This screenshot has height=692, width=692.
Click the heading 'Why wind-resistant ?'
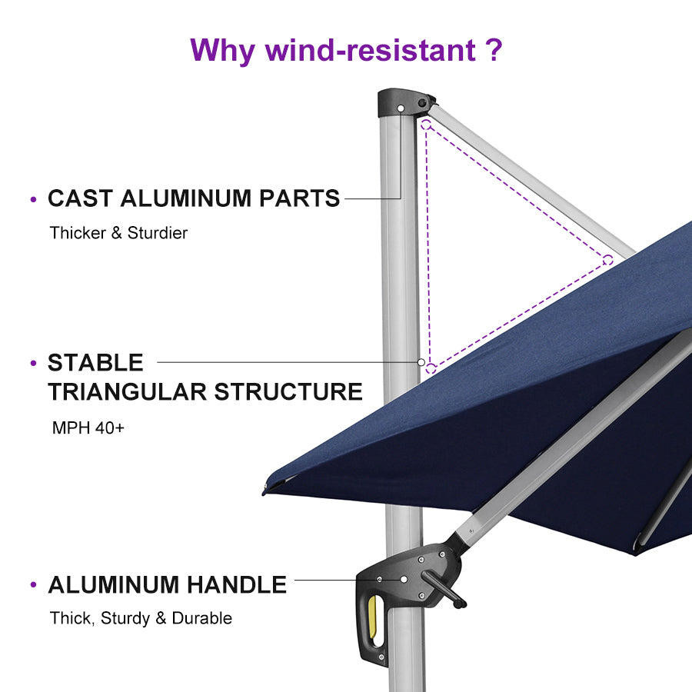coord(346,51)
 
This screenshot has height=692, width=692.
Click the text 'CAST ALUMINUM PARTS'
coord(194,198)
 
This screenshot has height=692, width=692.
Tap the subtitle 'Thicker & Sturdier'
coord(118,233)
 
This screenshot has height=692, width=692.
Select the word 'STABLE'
coord(95,362)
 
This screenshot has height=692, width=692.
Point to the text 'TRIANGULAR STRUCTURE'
coord(205,391)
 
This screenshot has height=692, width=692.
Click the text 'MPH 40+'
coord(88,428)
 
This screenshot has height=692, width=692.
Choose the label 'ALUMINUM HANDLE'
coord(167,585)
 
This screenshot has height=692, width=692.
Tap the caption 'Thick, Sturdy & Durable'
coord(141,618)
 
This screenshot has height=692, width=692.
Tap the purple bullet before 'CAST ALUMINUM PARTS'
coord(33,200)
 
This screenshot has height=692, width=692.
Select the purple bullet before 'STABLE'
coord(33,363)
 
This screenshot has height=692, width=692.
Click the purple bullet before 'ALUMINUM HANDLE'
coord(33,586)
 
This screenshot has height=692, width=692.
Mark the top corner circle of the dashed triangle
coord(425,123)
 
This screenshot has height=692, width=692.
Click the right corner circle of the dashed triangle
coord(607,259)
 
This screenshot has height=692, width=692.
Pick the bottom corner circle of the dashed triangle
coord(431,368)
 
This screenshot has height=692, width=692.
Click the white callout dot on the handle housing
coord(404,580)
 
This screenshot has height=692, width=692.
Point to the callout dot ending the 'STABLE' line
coord(421,361)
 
